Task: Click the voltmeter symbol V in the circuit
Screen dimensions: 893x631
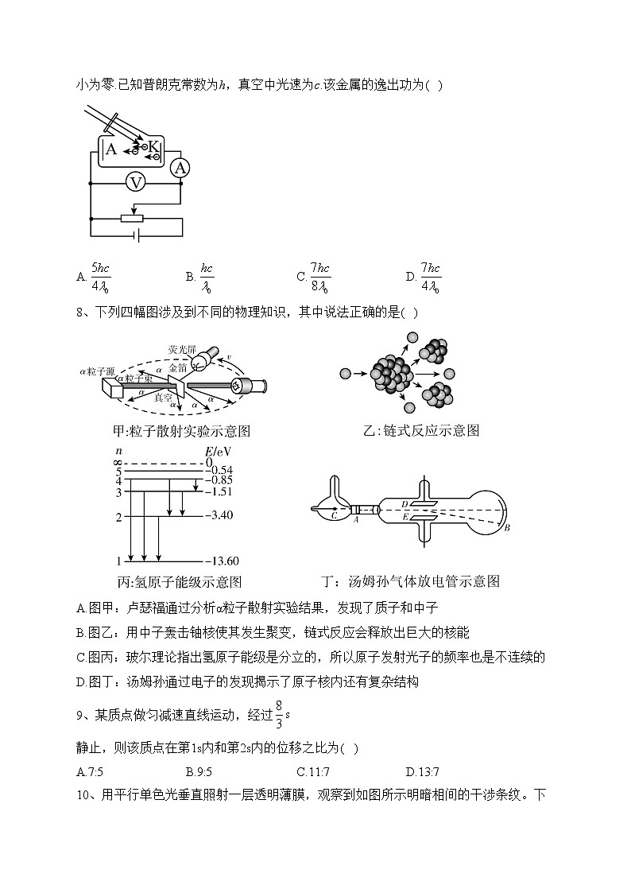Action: [x=136, y=183]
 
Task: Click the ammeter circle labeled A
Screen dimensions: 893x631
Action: [x=180, y=168]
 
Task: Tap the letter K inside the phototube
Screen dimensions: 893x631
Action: [x=153, y=146]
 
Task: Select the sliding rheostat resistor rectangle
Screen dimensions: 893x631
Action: [x=131, y=218]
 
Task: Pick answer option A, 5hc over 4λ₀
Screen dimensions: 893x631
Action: [x=100, y=277]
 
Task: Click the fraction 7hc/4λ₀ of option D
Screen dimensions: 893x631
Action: [x=430, y=277]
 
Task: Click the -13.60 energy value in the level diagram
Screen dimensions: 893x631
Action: [x=222, y=560]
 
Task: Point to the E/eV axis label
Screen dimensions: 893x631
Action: [x=214, y=451]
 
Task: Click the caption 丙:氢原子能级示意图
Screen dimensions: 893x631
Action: [x=179, y=582]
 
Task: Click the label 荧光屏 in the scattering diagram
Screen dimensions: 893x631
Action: [x=182, y=349]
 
